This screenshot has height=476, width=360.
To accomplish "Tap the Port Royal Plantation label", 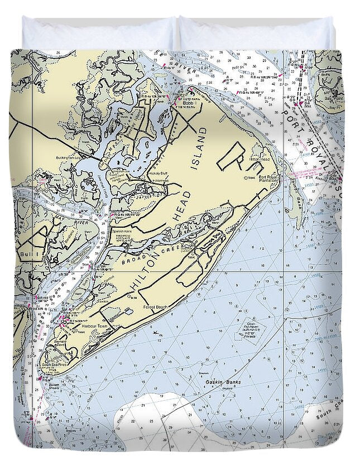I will pos(270,180).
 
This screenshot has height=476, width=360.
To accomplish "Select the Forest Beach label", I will pos(156,307).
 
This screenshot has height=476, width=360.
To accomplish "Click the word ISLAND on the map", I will pos(199,148).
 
